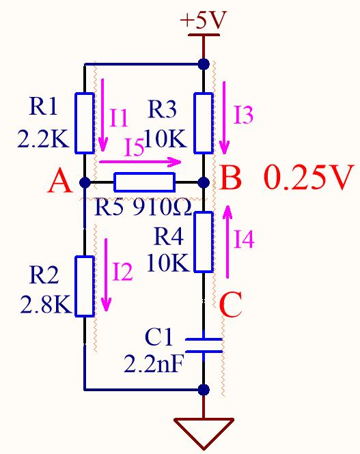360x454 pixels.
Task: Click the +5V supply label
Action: pos(203,20)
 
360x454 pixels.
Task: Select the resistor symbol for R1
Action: pos(85,123)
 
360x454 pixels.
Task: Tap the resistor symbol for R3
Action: pos(204,123)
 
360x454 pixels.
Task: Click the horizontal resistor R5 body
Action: pos(145,182)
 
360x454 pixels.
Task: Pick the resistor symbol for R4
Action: pos(204,242)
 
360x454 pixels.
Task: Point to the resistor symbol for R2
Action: pos(85,286)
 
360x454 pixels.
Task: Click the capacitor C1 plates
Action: pos(204,345)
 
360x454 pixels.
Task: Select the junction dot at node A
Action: pos(85,182)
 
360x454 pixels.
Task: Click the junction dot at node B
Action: pos(204,182)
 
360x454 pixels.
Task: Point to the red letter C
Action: pos(230,304)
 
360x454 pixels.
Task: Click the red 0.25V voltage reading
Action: pos(309,177)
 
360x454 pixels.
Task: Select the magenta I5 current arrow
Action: pos(140,162)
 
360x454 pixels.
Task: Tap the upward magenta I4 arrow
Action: pos(228,242)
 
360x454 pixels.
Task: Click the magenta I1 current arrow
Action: pos(102,115)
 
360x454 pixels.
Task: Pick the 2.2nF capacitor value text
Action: pos(154,364)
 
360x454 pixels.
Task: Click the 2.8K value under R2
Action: pos(45,304)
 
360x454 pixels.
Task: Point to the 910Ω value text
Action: pos(162,208)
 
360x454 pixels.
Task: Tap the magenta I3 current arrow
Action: pos(225,118)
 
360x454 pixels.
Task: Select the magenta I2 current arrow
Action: pos(106,274)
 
